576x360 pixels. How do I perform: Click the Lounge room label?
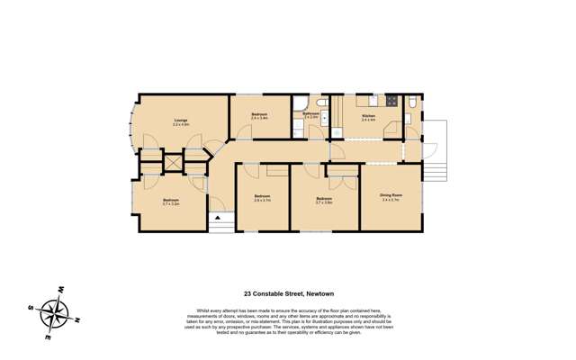pos(181,121)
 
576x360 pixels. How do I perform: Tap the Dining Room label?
pos(391,197)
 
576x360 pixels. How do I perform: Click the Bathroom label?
pos(311,115)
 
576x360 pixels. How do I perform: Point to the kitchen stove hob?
pos(391,102)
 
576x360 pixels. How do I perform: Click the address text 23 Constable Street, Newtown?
pos(288,293)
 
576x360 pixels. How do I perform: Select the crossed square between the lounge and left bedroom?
pos(173,162)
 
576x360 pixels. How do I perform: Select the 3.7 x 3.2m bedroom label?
pos(171,202)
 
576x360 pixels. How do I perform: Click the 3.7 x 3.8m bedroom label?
pos(324,200)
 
